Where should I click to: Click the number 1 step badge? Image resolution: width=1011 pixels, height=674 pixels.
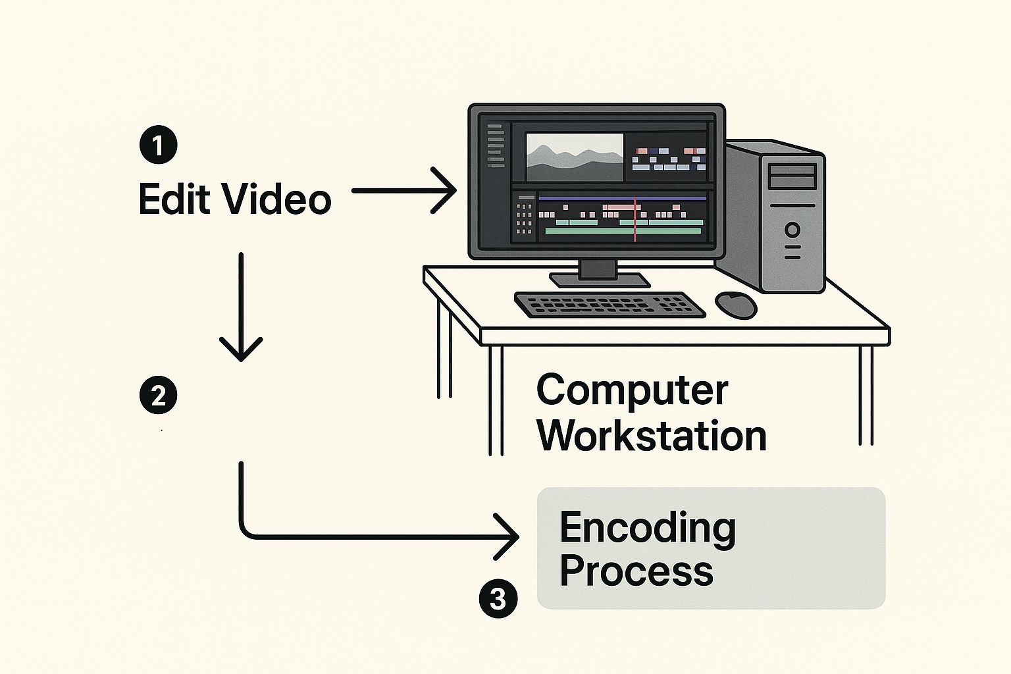(x=159, y=145)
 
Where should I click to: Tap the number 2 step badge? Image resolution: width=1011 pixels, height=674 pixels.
(x=159, y=396)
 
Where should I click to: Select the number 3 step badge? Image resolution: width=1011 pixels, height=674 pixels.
(x=498, y=600)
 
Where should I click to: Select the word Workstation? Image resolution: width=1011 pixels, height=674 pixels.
(x=652, y=436)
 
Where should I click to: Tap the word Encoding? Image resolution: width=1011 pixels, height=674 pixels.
(x=648, y=529)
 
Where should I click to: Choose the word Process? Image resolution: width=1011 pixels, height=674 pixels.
(x=636, y=571)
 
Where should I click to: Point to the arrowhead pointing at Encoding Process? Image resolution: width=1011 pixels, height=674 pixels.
(x=510, y=536)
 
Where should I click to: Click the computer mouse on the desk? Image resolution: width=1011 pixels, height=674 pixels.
(x=736, y=304)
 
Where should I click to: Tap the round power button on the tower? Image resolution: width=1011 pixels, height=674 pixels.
(x=792, y=230)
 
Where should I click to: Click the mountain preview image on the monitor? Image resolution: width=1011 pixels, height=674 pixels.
(x=574, y=157)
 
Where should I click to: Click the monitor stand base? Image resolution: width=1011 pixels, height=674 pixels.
(x=599, y=280)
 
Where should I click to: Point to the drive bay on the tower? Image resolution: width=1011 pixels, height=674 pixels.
(x=792, y=176)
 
